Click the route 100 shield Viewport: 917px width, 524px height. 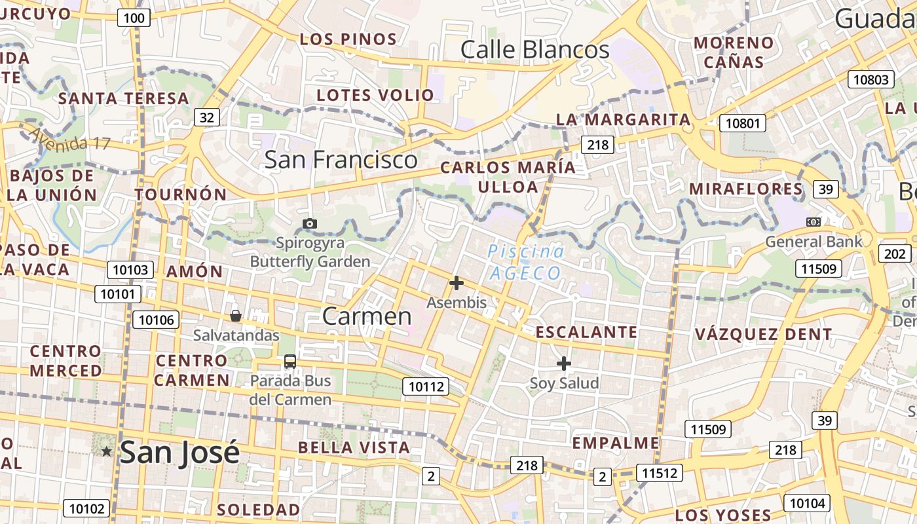134,18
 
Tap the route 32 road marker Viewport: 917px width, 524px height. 206,117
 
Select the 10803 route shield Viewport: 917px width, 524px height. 871,80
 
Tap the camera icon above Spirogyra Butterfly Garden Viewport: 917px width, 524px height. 310,224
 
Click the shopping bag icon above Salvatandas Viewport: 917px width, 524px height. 236,316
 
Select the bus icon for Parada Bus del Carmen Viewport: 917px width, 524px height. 290,361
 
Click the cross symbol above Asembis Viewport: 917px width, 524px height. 457,283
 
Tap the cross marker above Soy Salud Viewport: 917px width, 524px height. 563,363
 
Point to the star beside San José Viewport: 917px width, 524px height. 106,451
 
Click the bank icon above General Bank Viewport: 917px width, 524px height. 814,222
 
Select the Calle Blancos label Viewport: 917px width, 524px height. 534,50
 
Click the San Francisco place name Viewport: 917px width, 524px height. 341,160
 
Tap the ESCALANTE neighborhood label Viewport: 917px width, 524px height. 586,332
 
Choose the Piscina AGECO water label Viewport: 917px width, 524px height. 525,262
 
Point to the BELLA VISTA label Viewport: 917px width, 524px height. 354,448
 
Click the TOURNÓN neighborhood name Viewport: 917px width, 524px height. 181,195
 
